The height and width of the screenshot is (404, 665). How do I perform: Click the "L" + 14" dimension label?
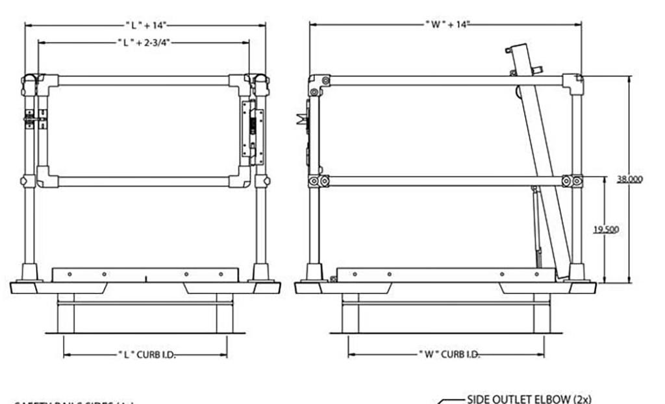pyautogui.click(x=146, y=25)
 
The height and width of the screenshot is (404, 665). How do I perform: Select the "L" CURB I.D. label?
pyautogui.click(x=147, y=355)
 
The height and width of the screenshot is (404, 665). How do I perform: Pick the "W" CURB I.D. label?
pyautogui.click(x=448, y=355)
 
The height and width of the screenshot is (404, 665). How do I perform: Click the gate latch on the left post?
pyautogui.click(x=31, y=120)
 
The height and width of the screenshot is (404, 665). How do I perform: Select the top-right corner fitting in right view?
pyautogui.click(x=573, y=83)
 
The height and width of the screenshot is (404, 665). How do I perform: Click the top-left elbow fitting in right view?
pyautogui.click(x=318, y=84)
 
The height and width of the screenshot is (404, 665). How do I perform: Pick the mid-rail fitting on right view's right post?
pyautogui.click(x=573, y=181)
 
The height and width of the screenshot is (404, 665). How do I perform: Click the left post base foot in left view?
pyautogui.click(x=30, y=272)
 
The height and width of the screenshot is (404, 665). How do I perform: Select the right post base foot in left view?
pyautogui.click(x=261, y=272)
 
